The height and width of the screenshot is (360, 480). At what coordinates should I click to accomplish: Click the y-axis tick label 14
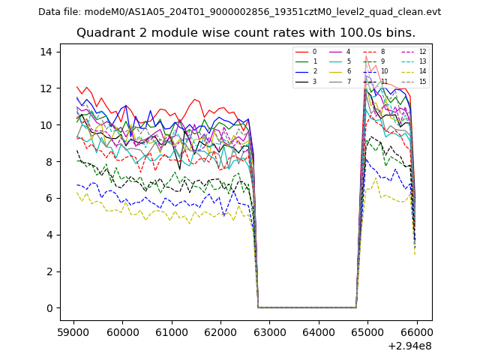tap(46, 52)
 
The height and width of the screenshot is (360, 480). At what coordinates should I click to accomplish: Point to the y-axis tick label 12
tap(46, 88)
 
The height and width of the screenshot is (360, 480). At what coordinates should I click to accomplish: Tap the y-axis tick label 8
tap(49, 161)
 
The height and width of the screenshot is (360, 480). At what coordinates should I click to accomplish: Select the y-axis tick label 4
tap(49, 235)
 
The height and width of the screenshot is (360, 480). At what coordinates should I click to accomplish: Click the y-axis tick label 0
tap(49, 308)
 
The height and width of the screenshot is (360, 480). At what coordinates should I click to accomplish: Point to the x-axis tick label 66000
tap(416, 331)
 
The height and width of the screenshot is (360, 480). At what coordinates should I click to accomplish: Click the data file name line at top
tap(239, 12)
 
